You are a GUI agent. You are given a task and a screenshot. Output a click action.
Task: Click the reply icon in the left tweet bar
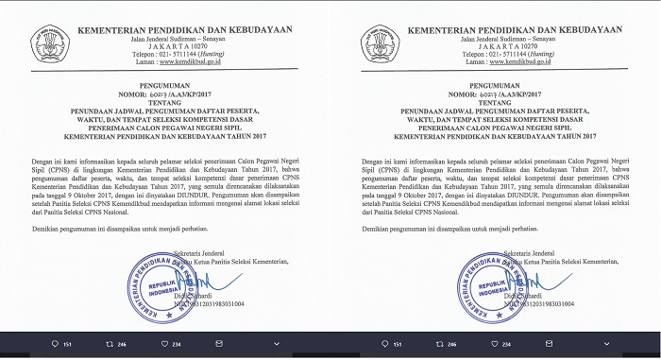[x=55, y=344]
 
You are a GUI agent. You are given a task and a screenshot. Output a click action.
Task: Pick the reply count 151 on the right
[x=398, y=344]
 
